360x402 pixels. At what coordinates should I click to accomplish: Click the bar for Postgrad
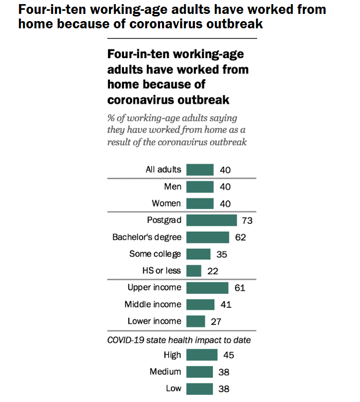(x=211, y=220)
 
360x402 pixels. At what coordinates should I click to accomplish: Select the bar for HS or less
(x=194, y=271)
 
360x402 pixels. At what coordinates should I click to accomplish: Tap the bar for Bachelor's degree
(x=208, y=237)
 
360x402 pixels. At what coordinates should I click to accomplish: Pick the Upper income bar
(x=207, y=288)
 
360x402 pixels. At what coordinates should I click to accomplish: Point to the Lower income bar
(x=196, y=321)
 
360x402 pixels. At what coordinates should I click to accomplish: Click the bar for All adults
(x=200, y=170)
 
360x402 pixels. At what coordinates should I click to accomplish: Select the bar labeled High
(x=202, y=355)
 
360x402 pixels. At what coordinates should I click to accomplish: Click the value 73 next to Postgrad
(x=247, y=220)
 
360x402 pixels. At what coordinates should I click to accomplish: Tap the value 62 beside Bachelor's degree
(x=240, y=237)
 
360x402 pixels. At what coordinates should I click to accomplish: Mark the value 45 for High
(x=229, y=355)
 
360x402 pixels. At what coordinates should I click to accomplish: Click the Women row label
(x=166, y=203)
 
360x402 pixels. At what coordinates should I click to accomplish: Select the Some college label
(x=155, y=254)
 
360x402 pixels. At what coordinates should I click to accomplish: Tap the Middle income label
(x=153, y=304)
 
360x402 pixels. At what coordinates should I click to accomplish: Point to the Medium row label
(x=165, y=372)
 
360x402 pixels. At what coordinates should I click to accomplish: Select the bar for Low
(x=200, y=389)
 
